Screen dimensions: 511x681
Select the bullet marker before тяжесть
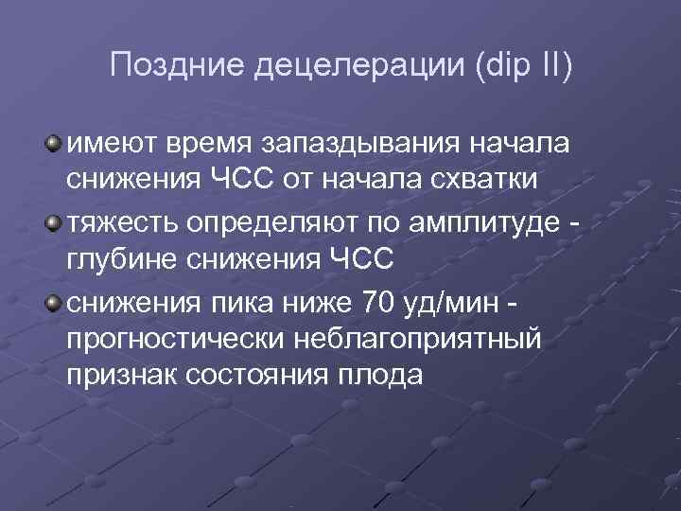tap(54, 222)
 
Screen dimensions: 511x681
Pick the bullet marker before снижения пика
tap(54, 301)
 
